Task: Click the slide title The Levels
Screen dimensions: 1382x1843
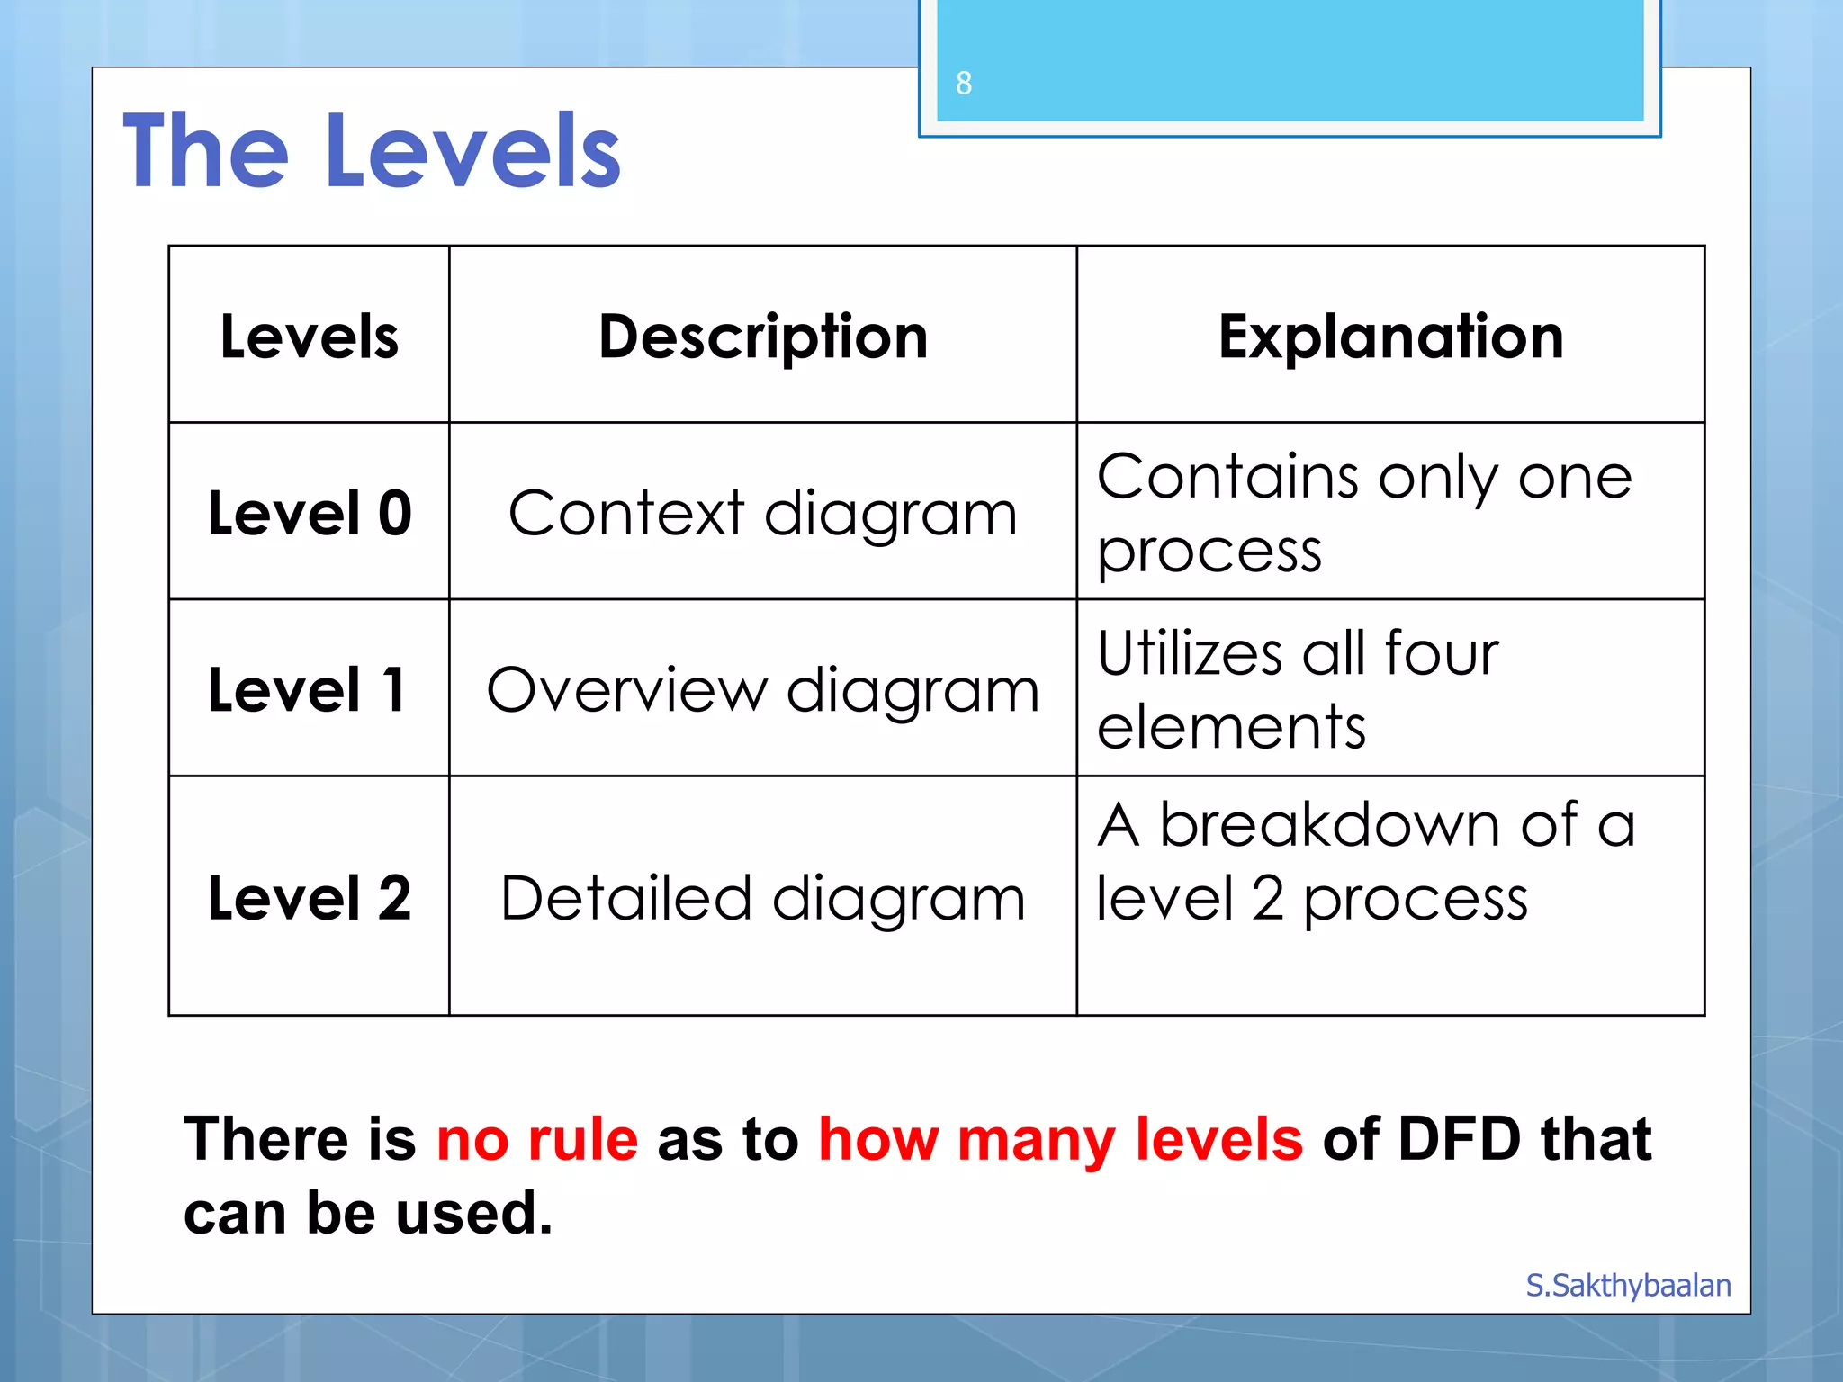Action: [372, 151]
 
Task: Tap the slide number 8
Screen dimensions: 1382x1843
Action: [964, 83]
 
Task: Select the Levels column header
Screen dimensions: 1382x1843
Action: [309, 337]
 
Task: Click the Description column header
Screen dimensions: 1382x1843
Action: [763, 337]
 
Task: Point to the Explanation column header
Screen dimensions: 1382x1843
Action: [1390, 337]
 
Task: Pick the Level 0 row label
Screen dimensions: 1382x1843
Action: [309, 513]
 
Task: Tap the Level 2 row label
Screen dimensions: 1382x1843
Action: [309, 897]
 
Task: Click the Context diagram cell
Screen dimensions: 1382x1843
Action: [763, 514]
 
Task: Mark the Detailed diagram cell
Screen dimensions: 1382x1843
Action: [763, 898]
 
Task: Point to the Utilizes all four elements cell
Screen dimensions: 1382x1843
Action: [1298, 690]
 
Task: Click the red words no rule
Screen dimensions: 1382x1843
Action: [537, 1139]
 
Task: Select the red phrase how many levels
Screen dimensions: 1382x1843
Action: [1060, 1139]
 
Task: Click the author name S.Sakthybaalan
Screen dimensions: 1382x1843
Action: [1628, 1285]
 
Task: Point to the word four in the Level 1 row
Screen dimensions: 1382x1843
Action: [1442, 653]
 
